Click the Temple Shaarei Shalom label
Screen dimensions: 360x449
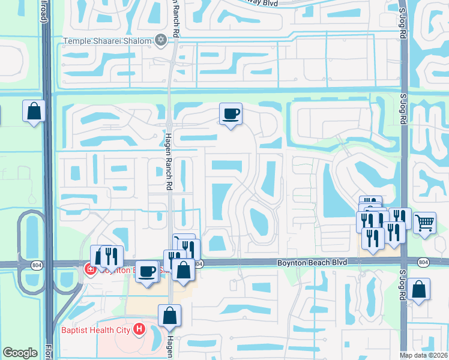point(108,41)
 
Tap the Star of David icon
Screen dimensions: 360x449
point(160,40)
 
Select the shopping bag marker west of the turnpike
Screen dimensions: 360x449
point(34,111)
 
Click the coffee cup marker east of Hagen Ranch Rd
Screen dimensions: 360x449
point(231,113)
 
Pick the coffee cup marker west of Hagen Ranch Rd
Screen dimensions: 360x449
point(147,272)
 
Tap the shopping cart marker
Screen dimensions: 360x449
point(424,223)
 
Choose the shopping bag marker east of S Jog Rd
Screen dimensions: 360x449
point(418,290)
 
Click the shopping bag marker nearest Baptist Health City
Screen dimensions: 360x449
point(170,315)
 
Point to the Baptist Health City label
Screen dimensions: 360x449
point(97,329)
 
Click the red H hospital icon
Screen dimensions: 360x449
point(140,329)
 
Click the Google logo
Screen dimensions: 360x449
point(20,353)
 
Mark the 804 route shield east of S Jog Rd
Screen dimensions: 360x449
point(423,263)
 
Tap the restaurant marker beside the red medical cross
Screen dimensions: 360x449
point(112,256)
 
